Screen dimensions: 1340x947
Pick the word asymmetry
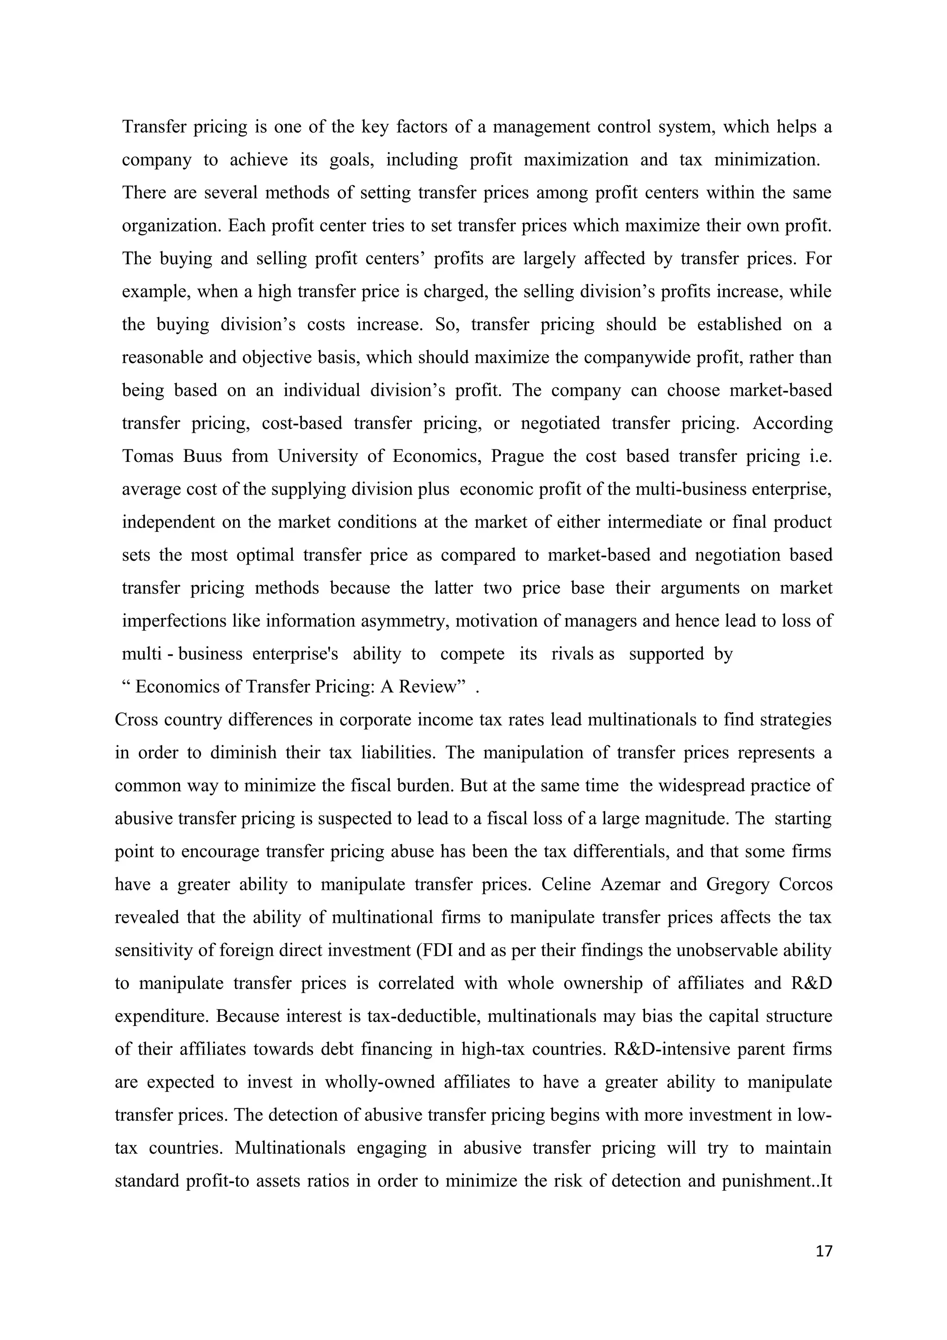(x=405, y=621)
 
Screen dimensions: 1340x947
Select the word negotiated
(x=560, y=423)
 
